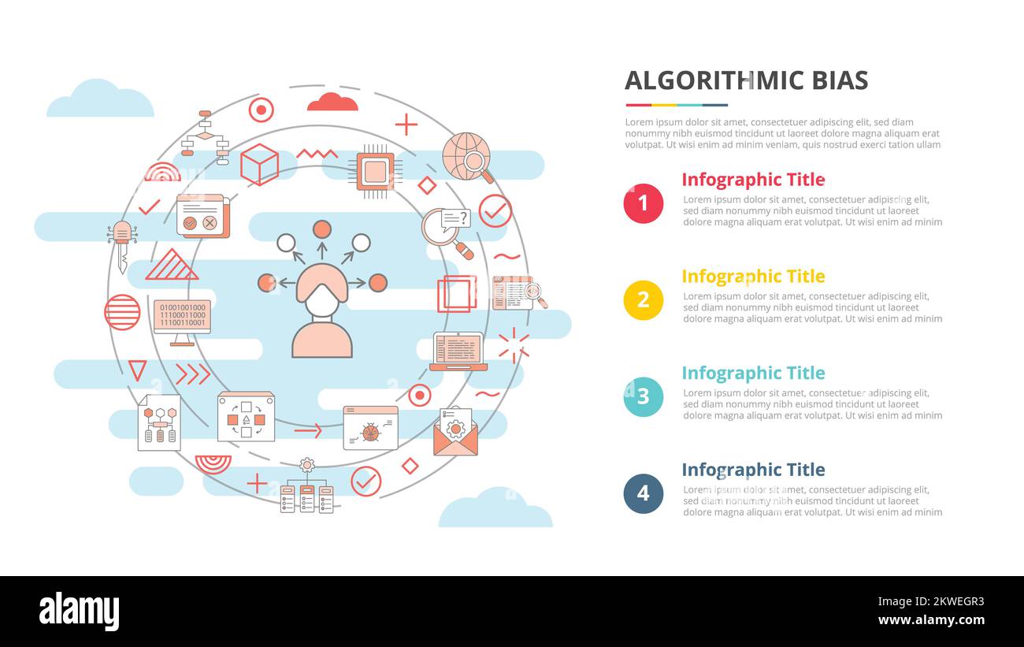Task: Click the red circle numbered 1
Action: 644,203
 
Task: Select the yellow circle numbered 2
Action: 644,300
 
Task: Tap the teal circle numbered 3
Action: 644,396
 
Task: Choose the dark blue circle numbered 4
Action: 644,493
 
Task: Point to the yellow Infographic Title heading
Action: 753,276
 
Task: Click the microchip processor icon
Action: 375,172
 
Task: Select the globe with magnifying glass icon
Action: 468,158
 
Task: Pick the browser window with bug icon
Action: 371,428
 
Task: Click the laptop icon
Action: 458,351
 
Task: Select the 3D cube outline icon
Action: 259,165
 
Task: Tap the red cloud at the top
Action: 332,102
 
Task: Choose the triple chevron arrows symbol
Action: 193,374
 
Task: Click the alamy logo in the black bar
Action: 79,612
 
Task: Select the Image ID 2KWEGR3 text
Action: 931,601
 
